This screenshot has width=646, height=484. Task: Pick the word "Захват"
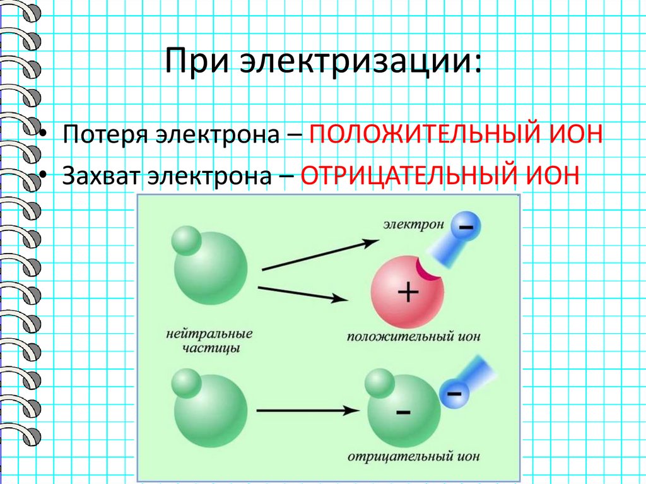click(101, 174)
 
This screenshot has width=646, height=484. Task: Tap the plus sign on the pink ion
click(408, 292)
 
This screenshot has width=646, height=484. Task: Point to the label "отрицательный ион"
click(413, 456)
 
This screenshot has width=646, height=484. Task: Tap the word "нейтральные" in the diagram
click(206, 333)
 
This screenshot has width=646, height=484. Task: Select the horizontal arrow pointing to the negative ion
click(303, 411)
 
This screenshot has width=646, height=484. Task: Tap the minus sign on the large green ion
click(402, 413)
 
